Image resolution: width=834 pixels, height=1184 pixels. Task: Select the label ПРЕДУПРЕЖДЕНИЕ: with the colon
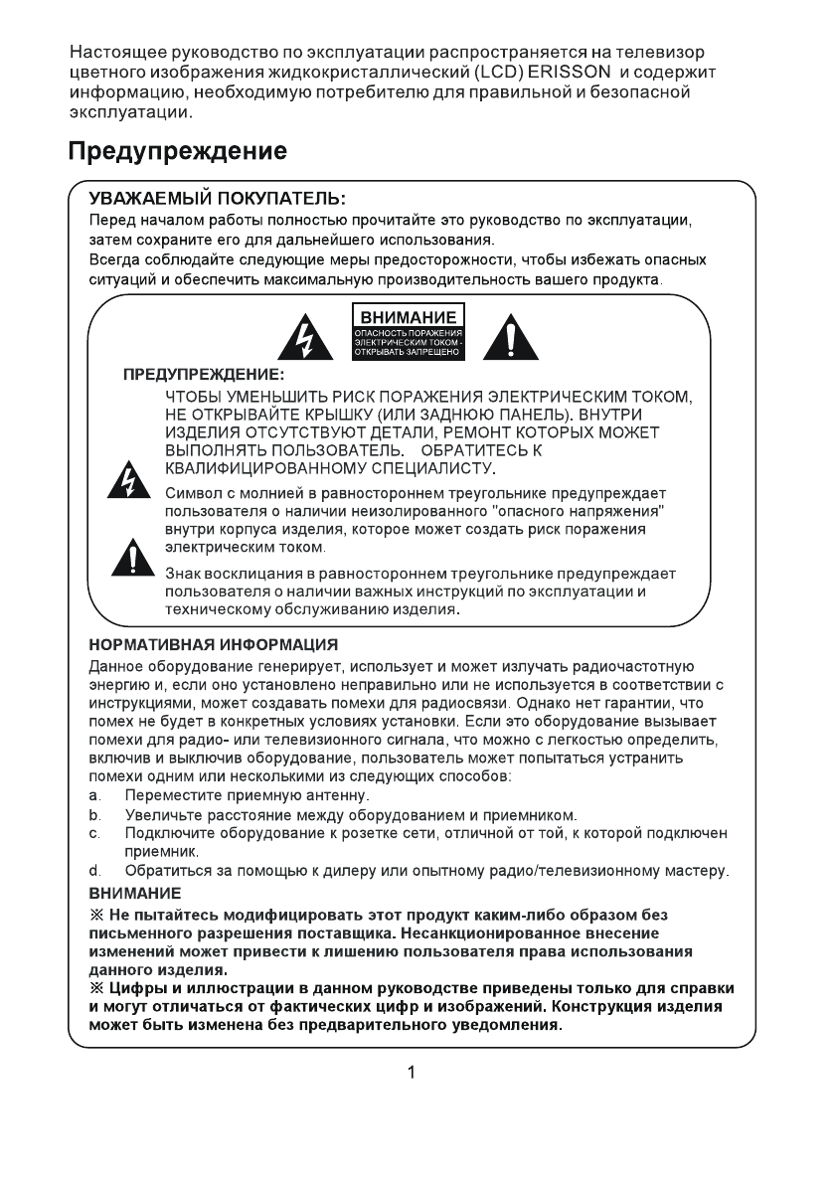coord(203,377)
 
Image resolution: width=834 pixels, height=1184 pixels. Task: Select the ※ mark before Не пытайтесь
coord(96,914)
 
